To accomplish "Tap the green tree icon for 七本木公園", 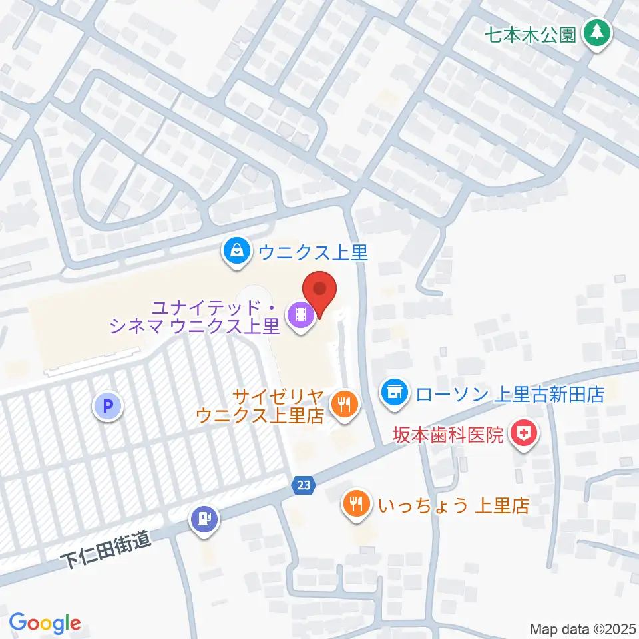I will (597, 33).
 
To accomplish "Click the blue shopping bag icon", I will (237, 252).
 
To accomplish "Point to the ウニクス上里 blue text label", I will (313, 252).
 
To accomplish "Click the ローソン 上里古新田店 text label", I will (509, 394).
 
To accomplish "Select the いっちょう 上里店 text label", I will (453, 505).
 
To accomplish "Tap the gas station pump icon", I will (204, 517).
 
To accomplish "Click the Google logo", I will (45, 623).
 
